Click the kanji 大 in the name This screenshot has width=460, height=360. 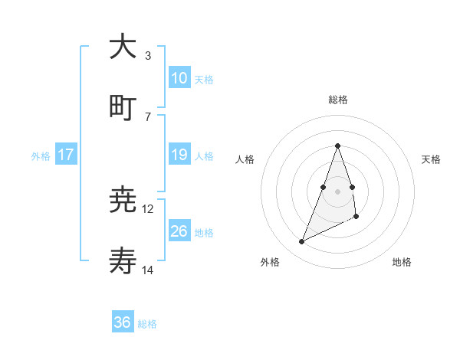[123, 47]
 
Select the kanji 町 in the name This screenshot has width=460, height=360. [123, 107]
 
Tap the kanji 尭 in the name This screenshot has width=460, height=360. [123, 201]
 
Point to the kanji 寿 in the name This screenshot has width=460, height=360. [123, 261]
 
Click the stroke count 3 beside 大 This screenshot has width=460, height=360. [148, 56]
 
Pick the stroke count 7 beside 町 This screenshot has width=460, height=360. [148, 116]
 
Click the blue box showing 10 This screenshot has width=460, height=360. [179, 78]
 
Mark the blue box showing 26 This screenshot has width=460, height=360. [179, 231]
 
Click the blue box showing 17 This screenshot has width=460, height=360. [66, 155]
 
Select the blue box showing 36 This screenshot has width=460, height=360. [123, 322]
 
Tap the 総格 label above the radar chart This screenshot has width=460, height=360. [337, 100]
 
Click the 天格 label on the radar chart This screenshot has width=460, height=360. [431, 159]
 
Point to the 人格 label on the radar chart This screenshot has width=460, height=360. [245, 159]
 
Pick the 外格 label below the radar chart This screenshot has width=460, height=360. [270, 262]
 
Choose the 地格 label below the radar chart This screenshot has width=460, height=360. [402, 262]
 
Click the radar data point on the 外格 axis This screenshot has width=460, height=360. [302, 242]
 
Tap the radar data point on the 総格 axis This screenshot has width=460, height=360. [337, 146]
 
